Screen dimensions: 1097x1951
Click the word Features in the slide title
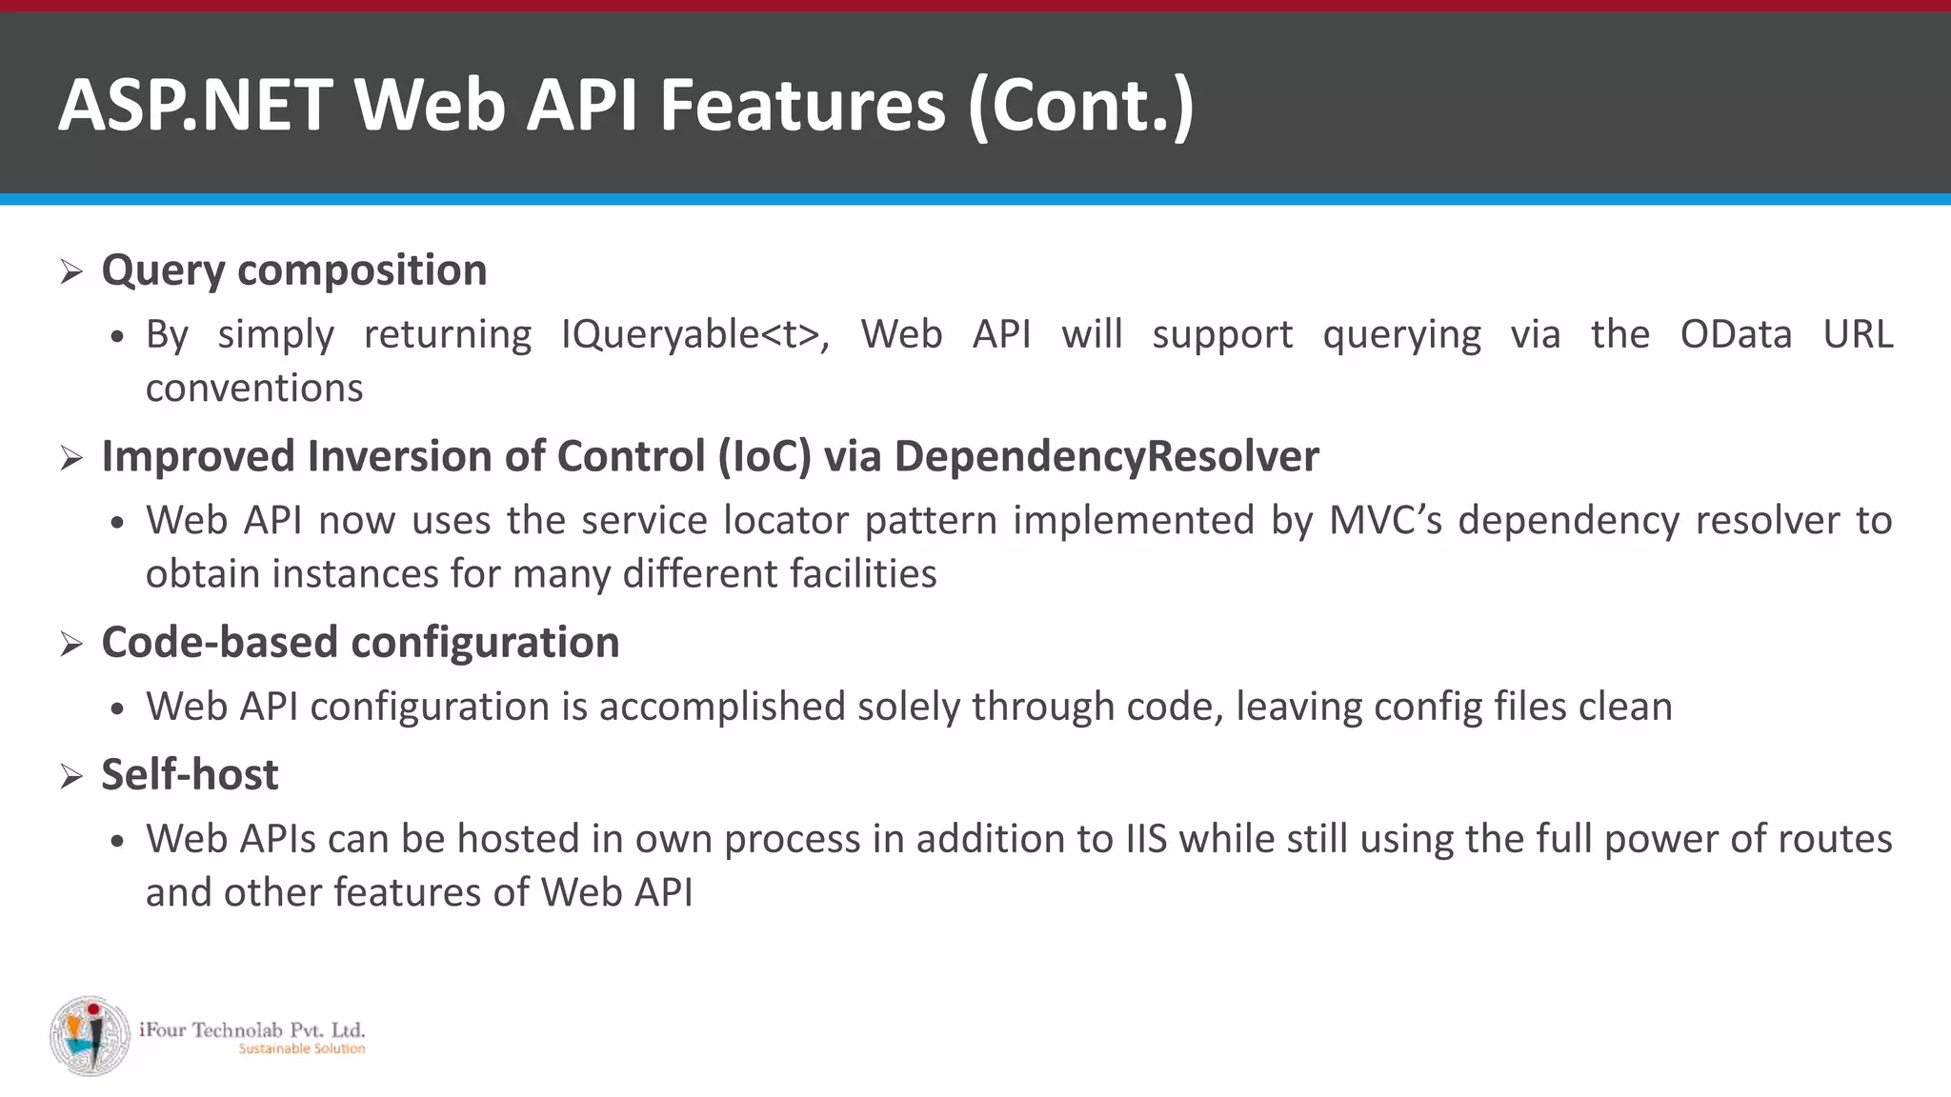[x=802, y=105]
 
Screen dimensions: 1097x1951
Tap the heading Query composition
[x=294, y=270]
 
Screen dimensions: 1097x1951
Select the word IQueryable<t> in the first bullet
[x=694, y=334]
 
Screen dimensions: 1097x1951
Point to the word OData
[x=1736, y=334]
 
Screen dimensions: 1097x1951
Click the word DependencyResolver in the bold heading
[x=1106, y=456]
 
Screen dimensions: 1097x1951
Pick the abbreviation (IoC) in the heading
[x=764, y=456]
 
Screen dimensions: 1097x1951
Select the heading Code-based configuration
[x=360, y=642]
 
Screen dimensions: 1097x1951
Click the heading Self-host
[x=190, y=774]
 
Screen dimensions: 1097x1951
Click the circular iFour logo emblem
[x=90, y=1036]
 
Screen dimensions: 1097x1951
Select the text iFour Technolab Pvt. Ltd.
[x=251, y=1029]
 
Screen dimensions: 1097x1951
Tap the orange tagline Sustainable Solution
[x=301, y=1049]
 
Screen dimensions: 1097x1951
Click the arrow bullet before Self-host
[x=71, y=776]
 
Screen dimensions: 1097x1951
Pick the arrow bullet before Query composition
[x=71, y=272]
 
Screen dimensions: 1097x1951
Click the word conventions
[x=254, y=389]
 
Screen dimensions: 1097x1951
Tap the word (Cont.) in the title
[x=1080, y=105]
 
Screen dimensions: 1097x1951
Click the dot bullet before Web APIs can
[x=117, y=841]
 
